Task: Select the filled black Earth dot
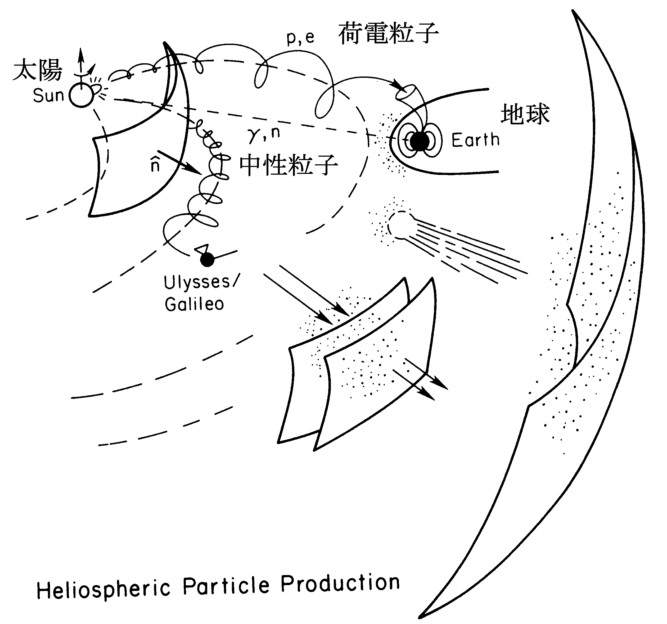point(420,142)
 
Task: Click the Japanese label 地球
point(525,114)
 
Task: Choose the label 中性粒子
point(289,165)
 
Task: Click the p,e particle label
point(301,38)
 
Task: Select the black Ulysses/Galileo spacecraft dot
point(207,259)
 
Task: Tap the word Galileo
point(194,304)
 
